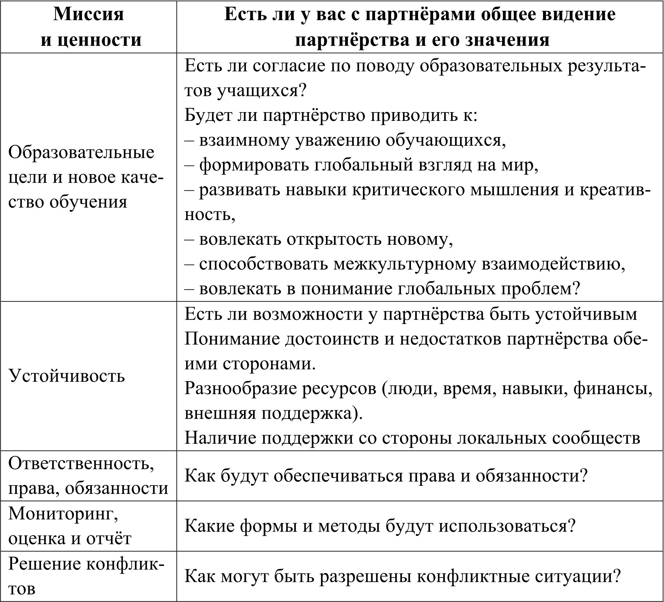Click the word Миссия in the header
point(89,15)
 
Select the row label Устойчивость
point(67,375)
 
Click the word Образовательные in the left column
point(81,153)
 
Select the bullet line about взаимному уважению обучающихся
point(345,141)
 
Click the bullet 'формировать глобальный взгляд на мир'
point(361,166)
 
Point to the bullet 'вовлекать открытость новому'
point(319,240)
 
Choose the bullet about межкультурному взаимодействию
point(405,265)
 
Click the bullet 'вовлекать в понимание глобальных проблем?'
point(382,289)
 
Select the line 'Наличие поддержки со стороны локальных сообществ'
point(412,438)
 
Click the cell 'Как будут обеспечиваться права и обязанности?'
point(386,476)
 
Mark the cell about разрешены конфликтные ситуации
point(402,576)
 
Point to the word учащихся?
point(261,91)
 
